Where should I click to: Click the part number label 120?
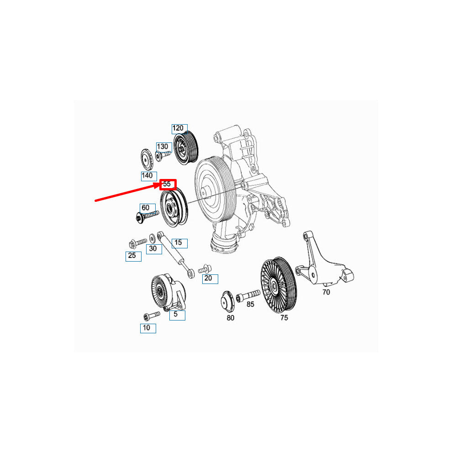pyautogui.click(x=178, y=128)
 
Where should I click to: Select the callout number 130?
pyautogui.click(x=162, y=147)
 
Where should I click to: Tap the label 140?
pyautogui.click(x=147, y=175)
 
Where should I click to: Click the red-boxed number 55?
pyautogui.click(x=167, y=184)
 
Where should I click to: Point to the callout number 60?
pyautogui.click(x=146, y=208)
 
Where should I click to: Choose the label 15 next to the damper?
pyautogui.click(x=178, y=242)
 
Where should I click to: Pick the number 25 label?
pyautogui.click(x=132, y=255)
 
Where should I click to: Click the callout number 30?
pyautogui.click(x=153, y=248)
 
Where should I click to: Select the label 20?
pyautogui.click(x=208, y=278)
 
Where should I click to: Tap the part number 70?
pyautogui.click(x=326, y=292)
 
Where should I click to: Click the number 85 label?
pyautogui.click(x=250, y=304)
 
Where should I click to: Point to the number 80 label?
pyautogui.click(x=230, y=318)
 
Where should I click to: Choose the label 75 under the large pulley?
pyautogui.click(x=284, y=318)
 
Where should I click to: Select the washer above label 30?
pyautogui.click(x=152, y=239)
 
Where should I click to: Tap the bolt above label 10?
pyautogui.click(x=151, y=315)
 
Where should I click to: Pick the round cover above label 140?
pyautogui.click(x=147, y=159)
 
